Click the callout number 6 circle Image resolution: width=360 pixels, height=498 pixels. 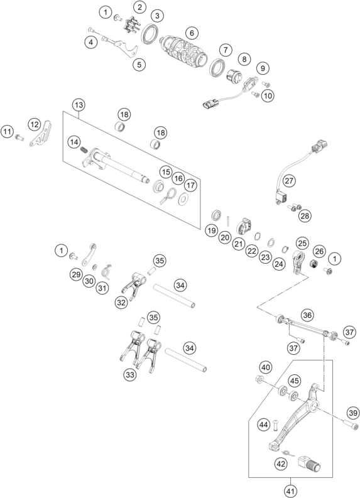(191, 32)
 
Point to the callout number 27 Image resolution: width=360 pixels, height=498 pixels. (288, 181)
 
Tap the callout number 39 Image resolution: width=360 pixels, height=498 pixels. (352, 413)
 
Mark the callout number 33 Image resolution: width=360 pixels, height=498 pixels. (129, 375)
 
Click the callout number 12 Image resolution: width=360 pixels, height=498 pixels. (33, 124)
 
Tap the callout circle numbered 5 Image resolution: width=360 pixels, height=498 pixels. (139, 64)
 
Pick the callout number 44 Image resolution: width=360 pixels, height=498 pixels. (264, 425)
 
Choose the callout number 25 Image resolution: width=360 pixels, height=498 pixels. (302, 242)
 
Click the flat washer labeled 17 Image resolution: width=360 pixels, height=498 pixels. (183, 200)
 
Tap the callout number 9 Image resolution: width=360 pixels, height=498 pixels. (261, 67)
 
